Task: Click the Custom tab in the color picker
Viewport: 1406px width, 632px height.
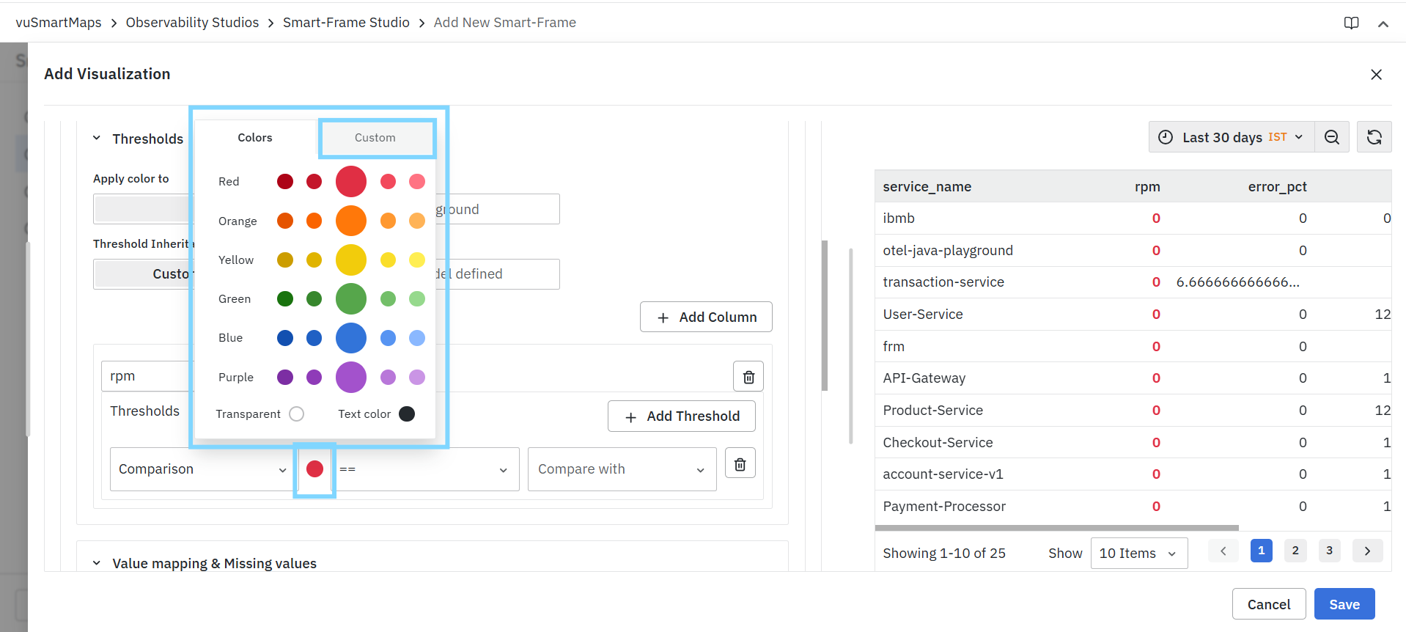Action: [375, 138]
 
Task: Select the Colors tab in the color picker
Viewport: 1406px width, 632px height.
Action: [255, 138]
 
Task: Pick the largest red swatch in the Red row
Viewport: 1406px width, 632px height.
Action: [351, 181]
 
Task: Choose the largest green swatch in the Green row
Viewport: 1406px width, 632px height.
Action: [351, 298]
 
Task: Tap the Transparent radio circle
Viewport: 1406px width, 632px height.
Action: [297, 414]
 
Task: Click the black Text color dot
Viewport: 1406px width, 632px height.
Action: [407, 414]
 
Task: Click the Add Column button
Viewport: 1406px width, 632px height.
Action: [706, 317]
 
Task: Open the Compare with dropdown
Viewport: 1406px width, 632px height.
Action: [622, 469]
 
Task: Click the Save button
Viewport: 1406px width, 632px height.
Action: [1344, 604]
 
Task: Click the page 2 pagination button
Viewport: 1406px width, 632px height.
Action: [1295, 551]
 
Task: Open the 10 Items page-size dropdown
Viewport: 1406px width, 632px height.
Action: [1139, 554]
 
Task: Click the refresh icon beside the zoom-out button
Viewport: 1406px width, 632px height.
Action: [1374, 137]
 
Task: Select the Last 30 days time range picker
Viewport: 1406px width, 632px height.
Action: [1232, 137]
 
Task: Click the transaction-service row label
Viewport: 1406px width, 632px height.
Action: [943, 282]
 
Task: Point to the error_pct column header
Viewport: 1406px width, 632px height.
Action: [1277, 187]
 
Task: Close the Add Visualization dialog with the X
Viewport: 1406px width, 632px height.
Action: [1376, 74]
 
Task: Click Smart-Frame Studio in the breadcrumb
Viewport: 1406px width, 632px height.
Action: [346, 23]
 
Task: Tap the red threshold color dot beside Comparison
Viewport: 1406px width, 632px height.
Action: [315, 469]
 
